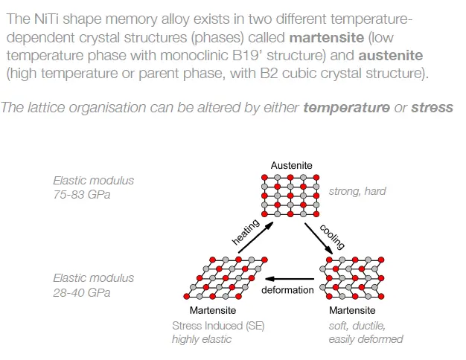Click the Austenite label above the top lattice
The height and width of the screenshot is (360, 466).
(291, 165)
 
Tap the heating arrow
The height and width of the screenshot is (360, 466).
(256, 237)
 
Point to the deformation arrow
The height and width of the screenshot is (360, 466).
(290, 279)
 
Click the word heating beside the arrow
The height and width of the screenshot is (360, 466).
(246, 232)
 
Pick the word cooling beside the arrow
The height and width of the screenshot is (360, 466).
(332, 237)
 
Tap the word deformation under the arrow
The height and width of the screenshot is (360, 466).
(287, 290)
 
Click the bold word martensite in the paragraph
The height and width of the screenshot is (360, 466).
(327, 37)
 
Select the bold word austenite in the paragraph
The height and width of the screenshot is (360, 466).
(391, 56)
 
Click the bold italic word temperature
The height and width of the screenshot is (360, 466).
(347, 108)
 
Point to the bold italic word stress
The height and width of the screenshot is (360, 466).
(432, 108)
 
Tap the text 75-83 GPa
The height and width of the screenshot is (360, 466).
(82, 195)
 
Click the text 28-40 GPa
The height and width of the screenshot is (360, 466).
(82, 292)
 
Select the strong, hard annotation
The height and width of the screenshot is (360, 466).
(357, 191)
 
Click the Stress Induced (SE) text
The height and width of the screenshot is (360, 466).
(218, 326)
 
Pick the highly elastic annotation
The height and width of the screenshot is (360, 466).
(202, 339)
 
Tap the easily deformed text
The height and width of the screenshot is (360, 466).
(366, 339)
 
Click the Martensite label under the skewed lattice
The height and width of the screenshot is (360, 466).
(213, 310)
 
